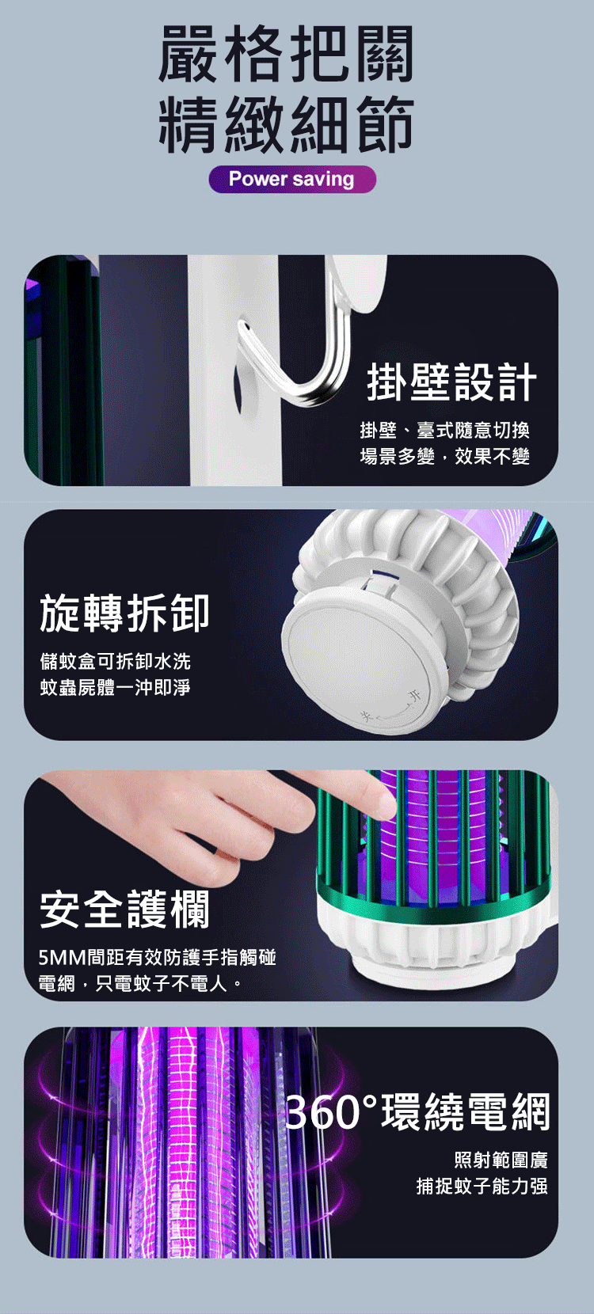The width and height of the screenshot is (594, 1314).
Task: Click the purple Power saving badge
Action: point(292,179)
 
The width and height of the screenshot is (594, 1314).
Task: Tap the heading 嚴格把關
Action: point(287,55)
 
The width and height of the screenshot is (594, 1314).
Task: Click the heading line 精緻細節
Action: point(287,123)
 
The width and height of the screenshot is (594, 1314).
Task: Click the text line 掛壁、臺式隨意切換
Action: point(445,430)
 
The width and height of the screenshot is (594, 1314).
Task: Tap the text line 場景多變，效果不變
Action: point(445,456)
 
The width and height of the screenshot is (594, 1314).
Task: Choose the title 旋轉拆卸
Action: point(124,613)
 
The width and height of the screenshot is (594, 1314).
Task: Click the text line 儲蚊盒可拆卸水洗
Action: point(116,661)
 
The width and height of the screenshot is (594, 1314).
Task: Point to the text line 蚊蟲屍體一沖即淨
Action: point(116,687)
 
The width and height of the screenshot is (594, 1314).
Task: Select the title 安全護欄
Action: point(124,910)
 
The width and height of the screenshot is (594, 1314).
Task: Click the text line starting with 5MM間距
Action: point(158,957)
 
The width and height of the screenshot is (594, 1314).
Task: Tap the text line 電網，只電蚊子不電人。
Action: point(140,983)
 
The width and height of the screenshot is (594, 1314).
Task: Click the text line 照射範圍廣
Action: point(501,1160)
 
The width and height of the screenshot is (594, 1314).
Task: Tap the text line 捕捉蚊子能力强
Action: point(482,1186)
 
